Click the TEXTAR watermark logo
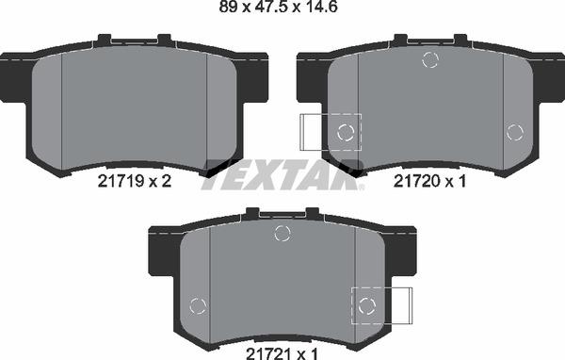[x=282, y=173]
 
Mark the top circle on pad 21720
[x=430, y=61]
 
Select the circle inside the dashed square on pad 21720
[x=347, y=131]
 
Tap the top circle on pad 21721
[x=281, y=234]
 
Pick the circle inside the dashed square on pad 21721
[x=367, y=303]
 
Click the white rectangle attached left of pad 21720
[x=312, y=131]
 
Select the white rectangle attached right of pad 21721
[x=399, y=303]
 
